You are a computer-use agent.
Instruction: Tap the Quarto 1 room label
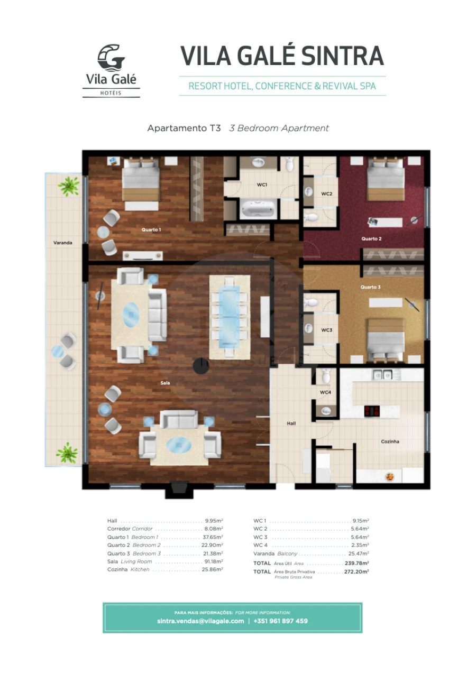[x=151, y=229]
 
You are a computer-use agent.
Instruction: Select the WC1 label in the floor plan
[x=262, y=185]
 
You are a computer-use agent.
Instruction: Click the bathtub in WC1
[x=259, y=209]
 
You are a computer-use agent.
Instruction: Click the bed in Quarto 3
[x=386, y=340]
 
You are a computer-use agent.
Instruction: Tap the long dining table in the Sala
[x=228, y=315]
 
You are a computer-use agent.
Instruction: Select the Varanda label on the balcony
[x=62, y=243]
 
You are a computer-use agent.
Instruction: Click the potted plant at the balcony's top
[x=68, y=185]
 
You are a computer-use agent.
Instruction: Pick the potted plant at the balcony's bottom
[x=67, y=453]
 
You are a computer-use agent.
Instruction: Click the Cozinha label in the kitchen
[x=390, y=441]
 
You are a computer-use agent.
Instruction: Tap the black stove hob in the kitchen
[x=372, y=411]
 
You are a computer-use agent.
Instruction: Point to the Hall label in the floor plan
[x=291, y=423]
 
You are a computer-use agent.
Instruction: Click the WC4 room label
[x=326, y=392]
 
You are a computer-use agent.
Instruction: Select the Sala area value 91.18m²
[x=213, y=561]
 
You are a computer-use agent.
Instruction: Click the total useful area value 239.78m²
[x=356, y=564]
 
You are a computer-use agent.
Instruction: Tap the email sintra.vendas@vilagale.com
[x=200, y=621]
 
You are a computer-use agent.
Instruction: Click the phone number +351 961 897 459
[x=280, y=621]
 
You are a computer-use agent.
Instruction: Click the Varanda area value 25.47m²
[x=358, y=554]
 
